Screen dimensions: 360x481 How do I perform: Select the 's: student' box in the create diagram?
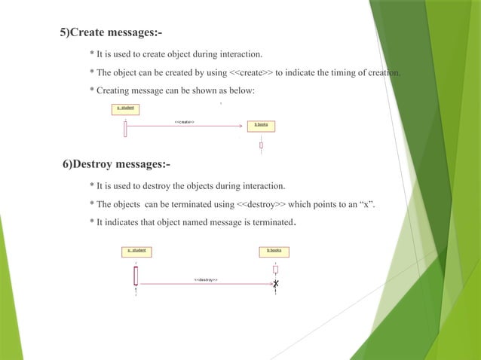[x=125, y=108]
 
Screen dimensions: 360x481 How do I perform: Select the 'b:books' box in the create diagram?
[x=261, y=125]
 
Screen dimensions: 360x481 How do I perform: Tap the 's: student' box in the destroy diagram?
[x=136, y=251]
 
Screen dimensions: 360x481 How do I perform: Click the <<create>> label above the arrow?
[x=185, y=121]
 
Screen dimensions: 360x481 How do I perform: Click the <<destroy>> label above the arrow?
[x=206, y=279]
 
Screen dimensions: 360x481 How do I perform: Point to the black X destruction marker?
[x=276, y=284]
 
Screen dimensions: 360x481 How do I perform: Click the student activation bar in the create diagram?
[x=125, y=128]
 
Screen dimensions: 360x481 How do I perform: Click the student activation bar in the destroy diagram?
[x=136, y=275]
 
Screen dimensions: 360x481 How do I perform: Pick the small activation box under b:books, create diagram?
[x=261, y=145]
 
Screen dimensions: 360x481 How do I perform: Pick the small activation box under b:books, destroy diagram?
[x=275, y=269]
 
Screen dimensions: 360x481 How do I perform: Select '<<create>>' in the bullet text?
[x=251, y=73]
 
